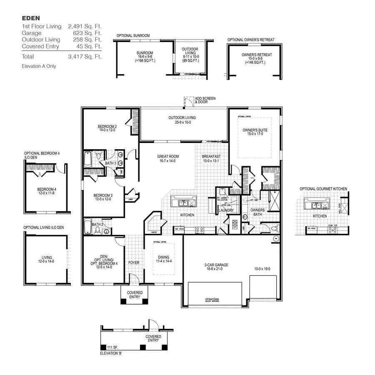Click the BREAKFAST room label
211,157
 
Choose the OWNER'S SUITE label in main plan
255,130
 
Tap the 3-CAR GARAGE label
216,265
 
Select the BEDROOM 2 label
107,126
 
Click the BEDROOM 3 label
102,195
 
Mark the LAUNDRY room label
226,210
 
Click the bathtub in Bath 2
88,227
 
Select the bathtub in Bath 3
88,159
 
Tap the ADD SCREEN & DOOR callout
205,100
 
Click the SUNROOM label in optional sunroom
145,53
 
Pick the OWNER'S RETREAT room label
257,55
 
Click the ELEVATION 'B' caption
111,353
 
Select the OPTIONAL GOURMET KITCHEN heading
323,189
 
